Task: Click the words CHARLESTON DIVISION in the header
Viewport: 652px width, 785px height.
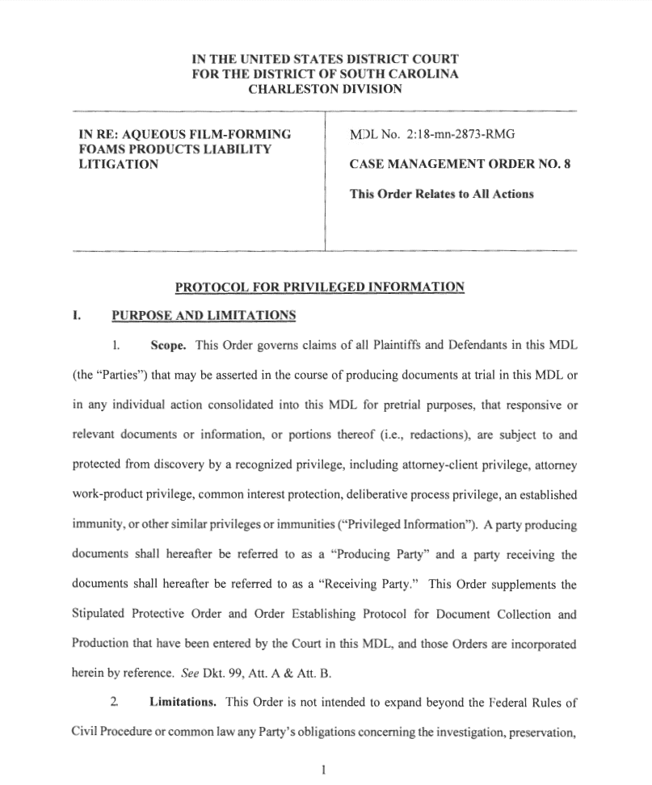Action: coord(325,89)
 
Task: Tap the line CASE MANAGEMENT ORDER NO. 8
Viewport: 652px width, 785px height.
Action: coord(460,164)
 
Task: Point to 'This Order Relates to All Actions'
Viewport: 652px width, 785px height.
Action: coord(441,194)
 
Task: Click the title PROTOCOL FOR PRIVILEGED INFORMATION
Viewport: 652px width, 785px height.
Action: coord(320,287)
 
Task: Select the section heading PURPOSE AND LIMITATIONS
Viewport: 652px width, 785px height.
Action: coord(204,314)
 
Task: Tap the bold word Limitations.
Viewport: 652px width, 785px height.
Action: coord(182,702)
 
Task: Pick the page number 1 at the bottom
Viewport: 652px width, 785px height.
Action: coord(322,770)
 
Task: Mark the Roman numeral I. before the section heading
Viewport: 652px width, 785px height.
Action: coord(77,314)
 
